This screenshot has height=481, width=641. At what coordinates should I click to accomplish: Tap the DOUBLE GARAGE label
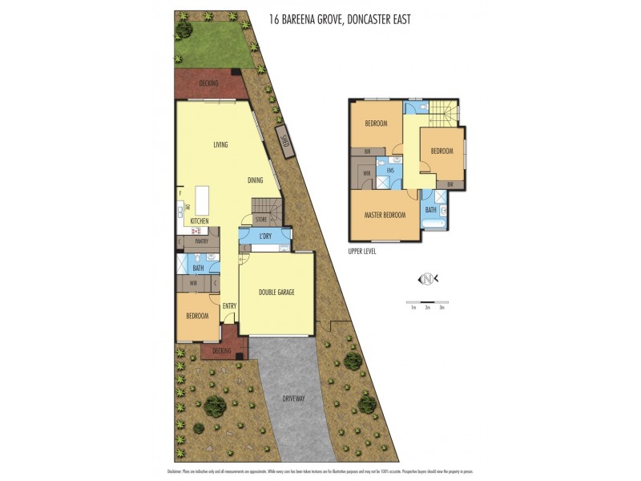276,293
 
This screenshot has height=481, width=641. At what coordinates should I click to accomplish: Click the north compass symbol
428,279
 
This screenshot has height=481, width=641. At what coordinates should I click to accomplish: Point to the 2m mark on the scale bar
427,307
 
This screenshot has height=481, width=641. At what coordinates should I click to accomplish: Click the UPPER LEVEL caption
362,251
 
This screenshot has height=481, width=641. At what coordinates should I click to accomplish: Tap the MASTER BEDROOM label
385,215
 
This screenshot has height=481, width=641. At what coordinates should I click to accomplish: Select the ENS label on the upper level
390,171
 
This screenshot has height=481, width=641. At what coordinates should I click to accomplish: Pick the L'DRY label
265,236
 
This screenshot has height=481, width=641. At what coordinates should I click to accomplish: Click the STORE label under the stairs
260,219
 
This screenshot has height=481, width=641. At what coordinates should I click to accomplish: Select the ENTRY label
229,305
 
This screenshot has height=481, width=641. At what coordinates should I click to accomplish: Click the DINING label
255,180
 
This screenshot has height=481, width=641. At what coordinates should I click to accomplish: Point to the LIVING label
220,145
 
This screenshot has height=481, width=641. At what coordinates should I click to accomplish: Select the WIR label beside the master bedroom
366,172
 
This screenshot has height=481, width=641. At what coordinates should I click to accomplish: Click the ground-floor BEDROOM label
197,316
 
